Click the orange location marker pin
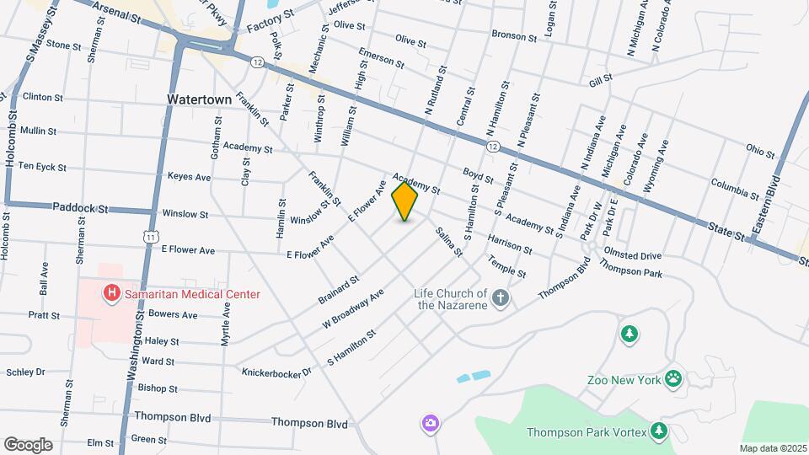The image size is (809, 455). (x=405, y=201)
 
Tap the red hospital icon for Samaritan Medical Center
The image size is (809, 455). (x=110, y=293)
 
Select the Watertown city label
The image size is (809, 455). (x=199, y=99)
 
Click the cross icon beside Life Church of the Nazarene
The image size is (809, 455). (x=501, y=297)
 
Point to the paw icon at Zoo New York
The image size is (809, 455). (x=673, y=378)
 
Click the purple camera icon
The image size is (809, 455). (x=431, y=422)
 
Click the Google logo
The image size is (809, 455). (x=28, y=444)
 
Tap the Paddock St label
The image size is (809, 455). (x=81, y=207)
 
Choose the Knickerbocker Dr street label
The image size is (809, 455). (x=276, y=372)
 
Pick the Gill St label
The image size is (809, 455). (x=600, y=78)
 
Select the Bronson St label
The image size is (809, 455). (x=513, y=37)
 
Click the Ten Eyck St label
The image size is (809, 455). (x=42, y=167)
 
